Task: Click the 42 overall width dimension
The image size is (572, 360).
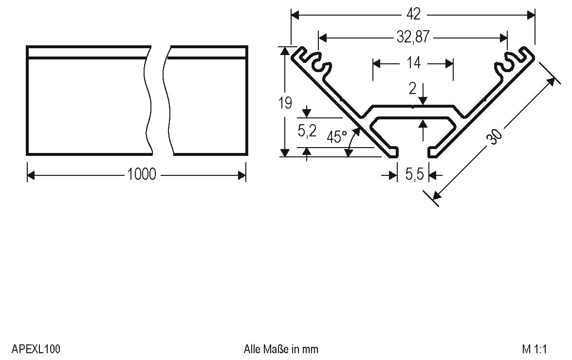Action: (413, 15)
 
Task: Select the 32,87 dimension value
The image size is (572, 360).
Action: (413, 37)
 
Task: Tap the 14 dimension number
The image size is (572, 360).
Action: (413, 63)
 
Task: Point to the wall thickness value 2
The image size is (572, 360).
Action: (413, 89)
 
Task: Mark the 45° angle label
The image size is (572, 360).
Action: (336, 137)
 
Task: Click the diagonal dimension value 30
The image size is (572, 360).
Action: (495, 136)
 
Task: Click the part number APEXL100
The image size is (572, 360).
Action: (36, 349)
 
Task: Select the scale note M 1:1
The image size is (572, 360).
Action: (535, 349)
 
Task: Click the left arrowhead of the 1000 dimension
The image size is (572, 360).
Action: (30, 175)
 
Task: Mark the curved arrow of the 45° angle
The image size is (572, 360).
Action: (353, 141)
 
